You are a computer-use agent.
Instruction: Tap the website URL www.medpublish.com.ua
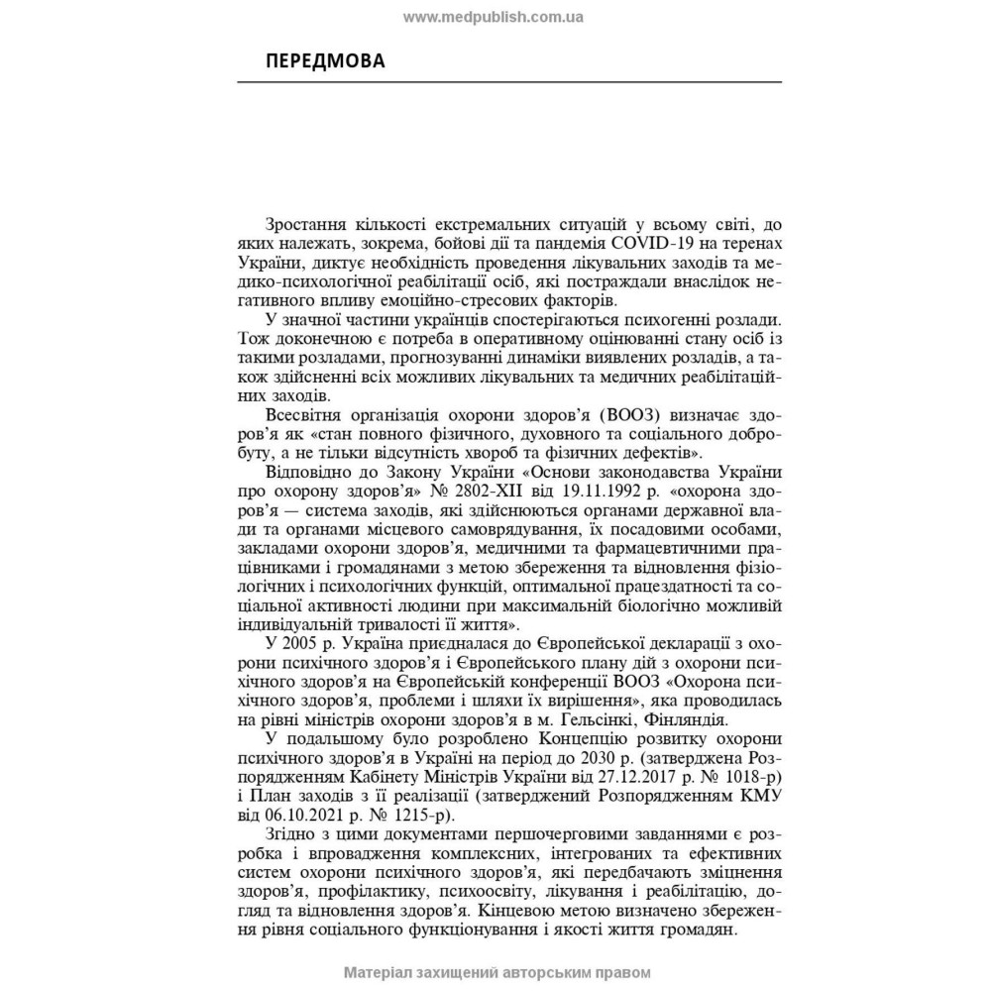pos(494,17)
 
